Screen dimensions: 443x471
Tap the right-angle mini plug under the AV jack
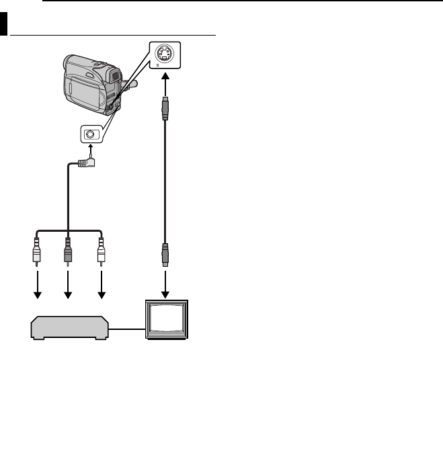pyautogui.click(x=87, y=163)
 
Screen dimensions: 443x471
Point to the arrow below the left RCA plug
pyautogui.click(x=38, y=285)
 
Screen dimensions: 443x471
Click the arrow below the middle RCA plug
pyautogui.click(x=68, y=285)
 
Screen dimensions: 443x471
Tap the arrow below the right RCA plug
pyautogui.click(x=102, y=285)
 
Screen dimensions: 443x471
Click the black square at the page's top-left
pyautogui.click(x=4, y=24)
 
